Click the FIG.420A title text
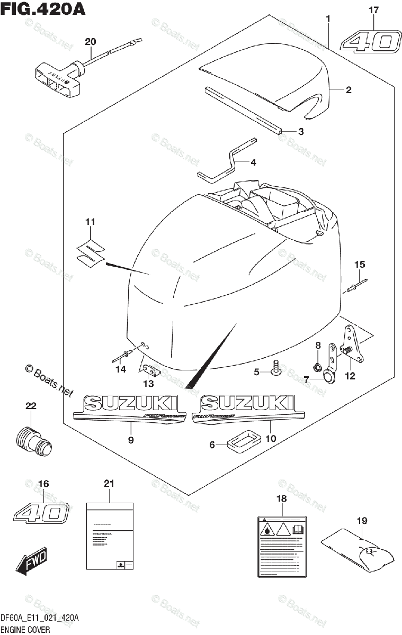(x=43, y=9)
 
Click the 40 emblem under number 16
(x=42, y=513)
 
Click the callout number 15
(x=360, y=264)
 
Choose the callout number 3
(x=300, y=132)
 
